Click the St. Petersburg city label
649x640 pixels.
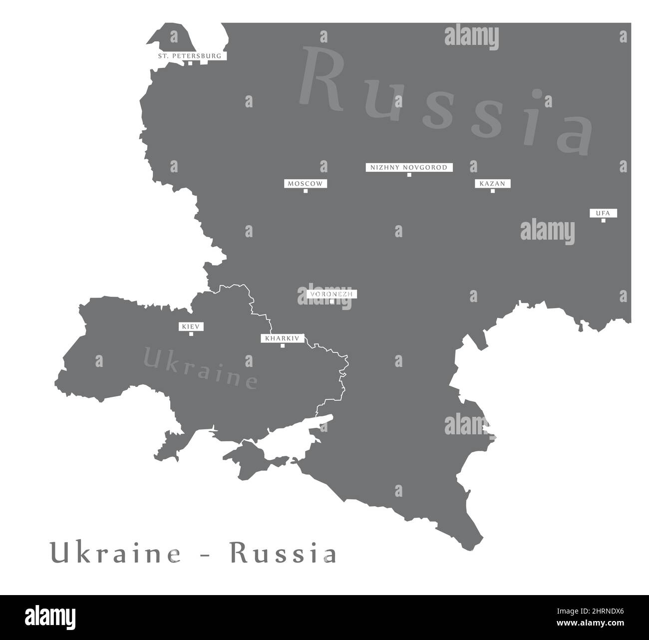pos(190,56)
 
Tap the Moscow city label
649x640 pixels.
pos(306,184)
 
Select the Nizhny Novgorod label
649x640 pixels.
pos(409,168)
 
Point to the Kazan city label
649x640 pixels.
pos(492,184)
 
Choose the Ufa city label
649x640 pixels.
pos(603,213)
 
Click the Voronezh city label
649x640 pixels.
pos(331,294)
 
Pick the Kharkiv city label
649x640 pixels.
pos(283,338)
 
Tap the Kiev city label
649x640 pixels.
pos(191,326)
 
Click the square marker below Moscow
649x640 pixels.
pos(306,191)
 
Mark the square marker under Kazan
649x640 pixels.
pos(493,191)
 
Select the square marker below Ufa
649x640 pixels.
pos(603,220)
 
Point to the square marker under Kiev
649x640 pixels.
pos(191,333)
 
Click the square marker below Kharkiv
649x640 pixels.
pos(283,345)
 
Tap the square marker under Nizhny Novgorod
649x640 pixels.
pos(409,175)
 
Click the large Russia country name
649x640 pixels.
pos(444,100)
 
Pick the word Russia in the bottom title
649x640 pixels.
pos(283,554)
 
